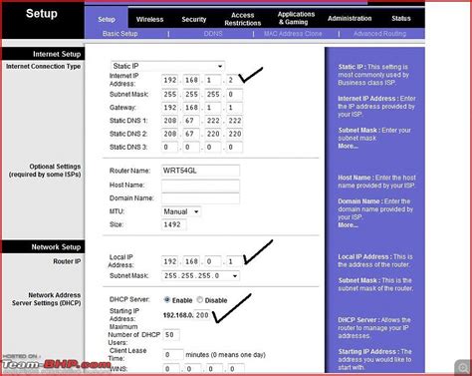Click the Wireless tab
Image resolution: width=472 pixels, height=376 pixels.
(x=149, y=19)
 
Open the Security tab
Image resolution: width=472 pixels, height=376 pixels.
(x=194, y=19)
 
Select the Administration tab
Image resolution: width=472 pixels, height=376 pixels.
(x=350, y=19)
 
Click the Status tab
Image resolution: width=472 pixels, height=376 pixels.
(x=400, y=19)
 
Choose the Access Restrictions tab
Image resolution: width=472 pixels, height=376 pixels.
(x=242, y=19)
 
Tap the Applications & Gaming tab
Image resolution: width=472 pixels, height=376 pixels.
(x=296, y=19)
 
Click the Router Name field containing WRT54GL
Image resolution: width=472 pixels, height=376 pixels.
(x=200, y=170)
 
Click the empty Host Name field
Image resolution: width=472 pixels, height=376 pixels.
(x=200, y=185)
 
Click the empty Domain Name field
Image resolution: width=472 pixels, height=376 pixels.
(x=200, y=198)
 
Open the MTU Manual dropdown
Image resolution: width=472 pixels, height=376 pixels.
(x=181, y=211)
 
